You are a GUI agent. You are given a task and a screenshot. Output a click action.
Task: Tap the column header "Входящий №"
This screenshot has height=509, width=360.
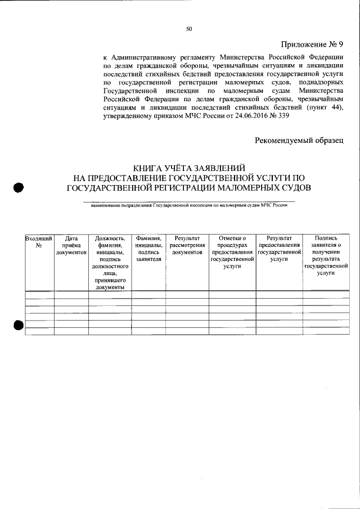[39, 242]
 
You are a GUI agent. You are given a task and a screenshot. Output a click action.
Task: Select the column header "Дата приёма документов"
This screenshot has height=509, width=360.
[71, 246]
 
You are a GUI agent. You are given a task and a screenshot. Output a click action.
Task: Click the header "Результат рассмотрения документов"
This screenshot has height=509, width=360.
[187, 246]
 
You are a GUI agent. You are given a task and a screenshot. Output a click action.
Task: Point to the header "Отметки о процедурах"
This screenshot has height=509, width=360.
[232, 242]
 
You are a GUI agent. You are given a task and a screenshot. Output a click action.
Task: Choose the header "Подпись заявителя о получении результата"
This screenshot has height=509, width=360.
[326, 253]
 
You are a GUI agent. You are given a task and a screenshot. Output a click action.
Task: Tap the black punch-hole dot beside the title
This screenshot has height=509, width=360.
[19, 188]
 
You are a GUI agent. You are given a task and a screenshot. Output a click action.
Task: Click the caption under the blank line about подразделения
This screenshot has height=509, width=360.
[189, 206]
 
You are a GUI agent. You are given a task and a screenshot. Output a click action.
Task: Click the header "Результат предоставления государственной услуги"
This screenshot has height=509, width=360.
[278, 249]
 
